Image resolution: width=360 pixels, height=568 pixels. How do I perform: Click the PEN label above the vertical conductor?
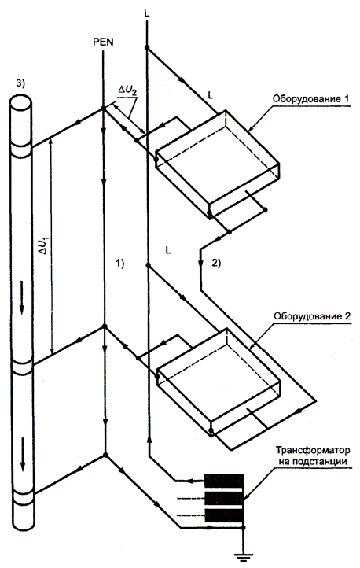click(103, 42)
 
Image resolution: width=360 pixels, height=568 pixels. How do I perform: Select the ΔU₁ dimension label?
click(45, 246)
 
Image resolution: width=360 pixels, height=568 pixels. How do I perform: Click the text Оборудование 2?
click(312, 316)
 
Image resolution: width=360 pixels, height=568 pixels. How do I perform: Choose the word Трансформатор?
click(314, 451)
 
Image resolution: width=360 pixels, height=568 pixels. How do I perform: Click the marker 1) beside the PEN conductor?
click(119, 264)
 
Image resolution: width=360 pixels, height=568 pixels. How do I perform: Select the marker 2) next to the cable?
click(216, 264)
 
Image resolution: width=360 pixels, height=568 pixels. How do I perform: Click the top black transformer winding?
click(224, 481)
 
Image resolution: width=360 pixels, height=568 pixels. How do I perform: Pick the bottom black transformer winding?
click(224, 515)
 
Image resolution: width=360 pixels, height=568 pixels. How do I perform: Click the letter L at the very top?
click(146, 13)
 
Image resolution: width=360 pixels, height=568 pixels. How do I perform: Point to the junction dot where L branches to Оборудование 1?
click(147, 48)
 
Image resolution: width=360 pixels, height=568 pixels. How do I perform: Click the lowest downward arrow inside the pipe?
click(23, 454)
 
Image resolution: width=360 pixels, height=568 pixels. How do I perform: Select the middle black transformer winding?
click(224, 498)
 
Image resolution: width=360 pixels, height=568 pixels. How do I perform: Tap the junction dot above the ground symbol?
click(243, 528)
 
